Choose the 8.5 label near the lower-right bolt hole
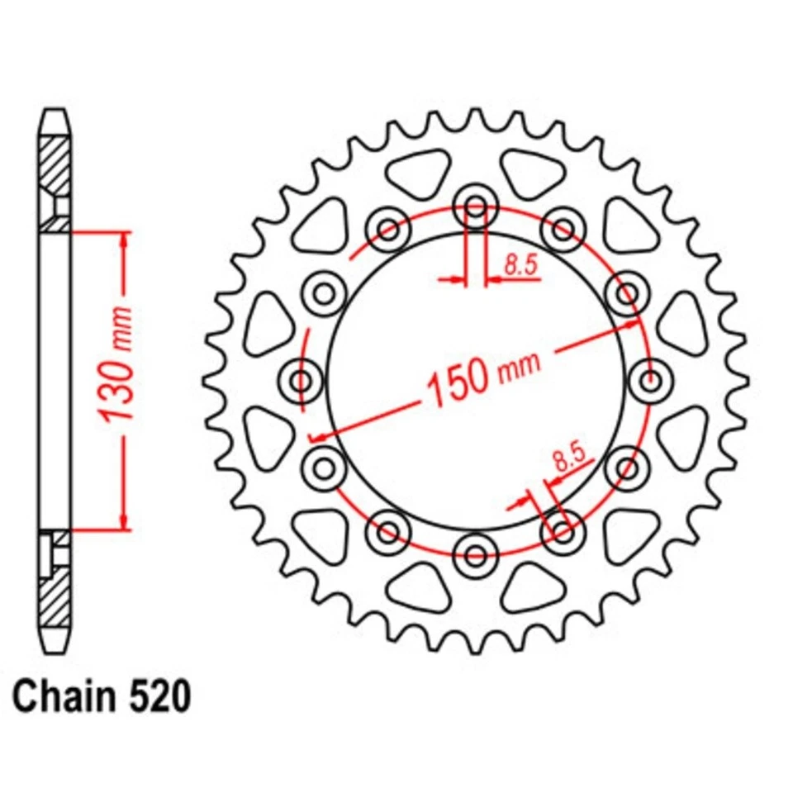[568, 457]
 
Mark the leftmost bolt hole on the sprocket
[301, 382]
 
